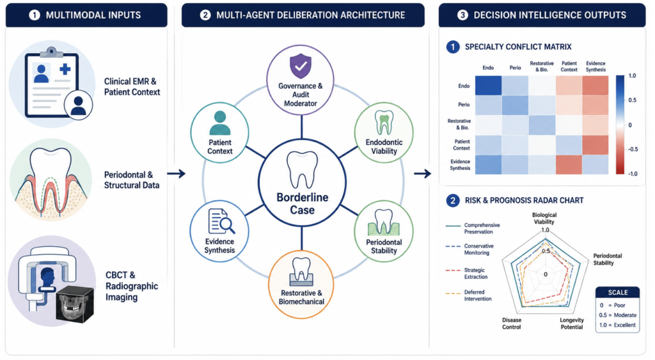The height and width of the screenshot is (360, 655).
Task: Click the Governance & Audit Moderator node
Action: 301,80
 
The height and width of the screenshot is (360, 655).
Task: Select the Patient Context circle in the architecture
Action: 220,133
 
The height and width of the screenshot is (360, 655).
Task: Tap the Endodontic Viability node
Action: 384,133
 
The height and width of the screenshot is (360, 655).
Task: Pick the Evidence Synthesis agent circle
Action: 220,231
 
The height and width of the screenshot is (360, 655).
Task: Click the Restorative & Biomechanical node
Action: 301,285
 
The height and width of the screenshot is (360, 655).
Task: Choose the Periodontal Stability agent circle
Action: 384,231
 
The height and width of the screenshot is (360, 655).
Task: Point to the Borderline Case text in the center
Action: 303,203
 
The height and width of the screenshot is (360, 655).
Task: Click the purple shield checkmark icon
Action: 301,66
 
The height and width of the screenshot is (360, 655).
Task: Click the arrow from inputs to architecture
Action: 176,173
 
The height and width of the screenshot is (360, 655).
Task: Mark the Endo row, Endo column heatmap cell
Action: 488,86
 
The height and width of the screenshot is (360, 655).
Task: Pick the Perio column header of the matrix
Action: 515,68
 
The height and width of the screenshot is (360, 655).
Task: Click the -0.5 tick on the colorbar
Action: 633,149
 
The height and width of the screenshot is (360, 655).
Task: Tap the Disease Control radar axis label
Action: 512,324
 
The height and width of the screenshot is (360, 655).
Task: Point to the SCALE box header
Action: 617,292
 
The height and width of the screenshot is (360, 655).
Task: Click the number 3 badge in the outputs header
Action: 462,15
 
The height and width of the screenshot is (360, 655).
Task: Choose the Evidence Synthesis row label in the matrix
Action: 460,165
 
